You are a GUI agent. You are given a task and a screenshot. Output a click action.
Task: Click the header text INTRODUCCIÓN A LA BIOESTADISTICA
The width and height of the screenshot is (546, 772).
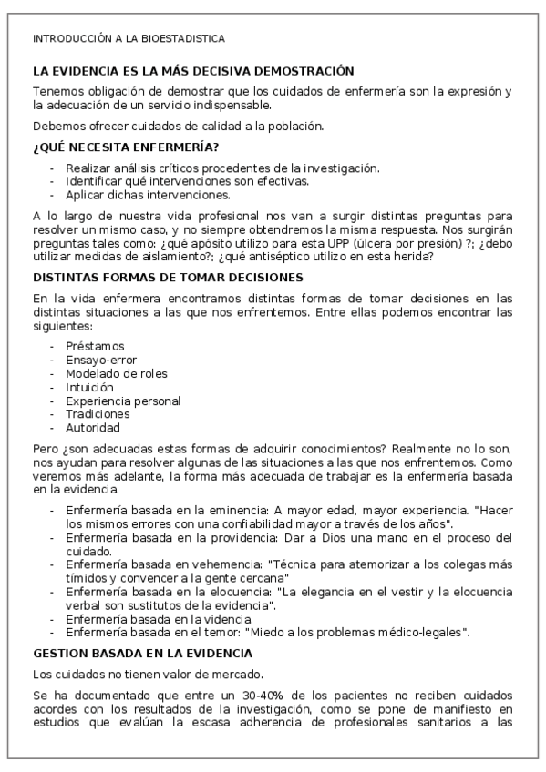129,38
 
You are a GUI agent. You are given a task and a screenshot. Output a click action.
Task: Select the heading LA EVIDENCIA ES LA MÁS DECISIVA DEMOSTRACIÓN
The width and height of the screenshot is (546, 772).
192,70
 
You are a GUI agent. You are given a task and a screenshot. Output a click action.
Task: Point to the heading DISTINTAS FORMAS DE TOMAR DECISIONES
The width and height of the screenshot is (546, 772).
168,277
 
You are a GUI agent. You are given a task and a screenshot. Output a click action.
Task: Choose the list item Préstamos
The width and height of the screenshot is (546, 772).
95,346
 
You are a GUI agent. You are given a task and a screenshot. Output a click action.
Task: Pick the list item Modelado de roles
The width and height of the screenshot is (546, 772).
116,373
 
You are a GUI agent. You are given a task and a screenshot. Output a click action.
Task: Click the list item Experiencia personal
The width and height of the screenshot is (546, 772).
123,401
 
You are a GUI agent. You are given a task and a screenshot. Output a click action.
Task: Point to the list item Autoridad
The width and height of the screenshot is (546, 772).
93,428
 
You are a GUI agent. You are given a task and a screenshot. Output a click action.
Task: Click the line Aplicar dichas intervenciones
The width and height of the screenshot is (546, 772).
148,194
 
